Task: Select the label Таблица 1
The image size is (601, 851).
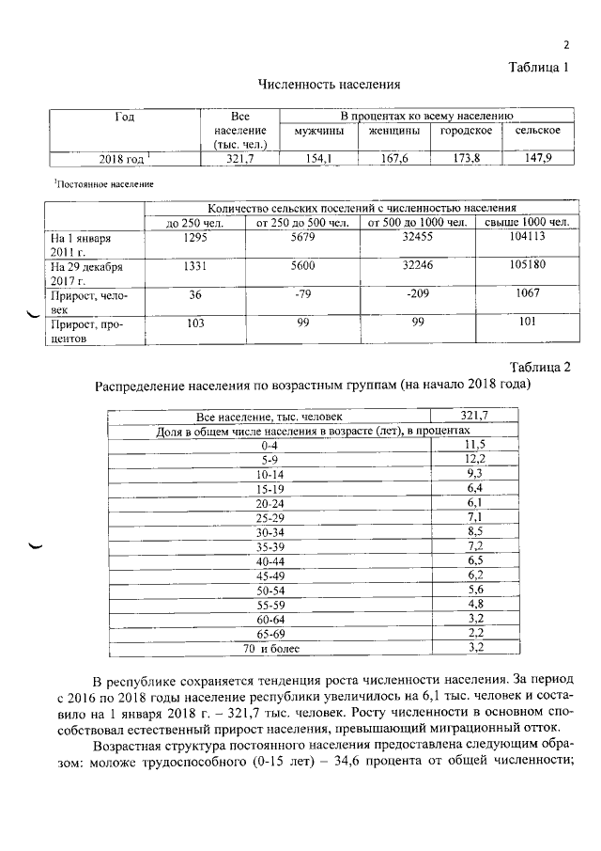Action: click(x=539, y=67)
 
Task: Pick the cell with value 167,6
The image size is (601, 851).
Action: click(x=394, y=159)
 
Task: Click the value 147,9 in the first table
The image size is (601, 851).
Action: click(x=537, y=159)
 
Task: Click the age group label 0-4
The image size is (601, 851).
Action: click(x=270, y=445)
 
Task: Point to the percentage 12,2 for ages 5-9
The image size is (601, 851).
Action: click(x=474, y=460)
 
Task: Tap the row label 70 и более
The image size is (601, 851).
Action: click(x=270, y=648)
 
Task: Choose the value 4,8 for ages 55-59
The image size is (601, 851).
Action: click(x=474, y=603)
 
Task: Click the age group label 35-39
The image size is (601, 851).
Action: click(x=270, y=546)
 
